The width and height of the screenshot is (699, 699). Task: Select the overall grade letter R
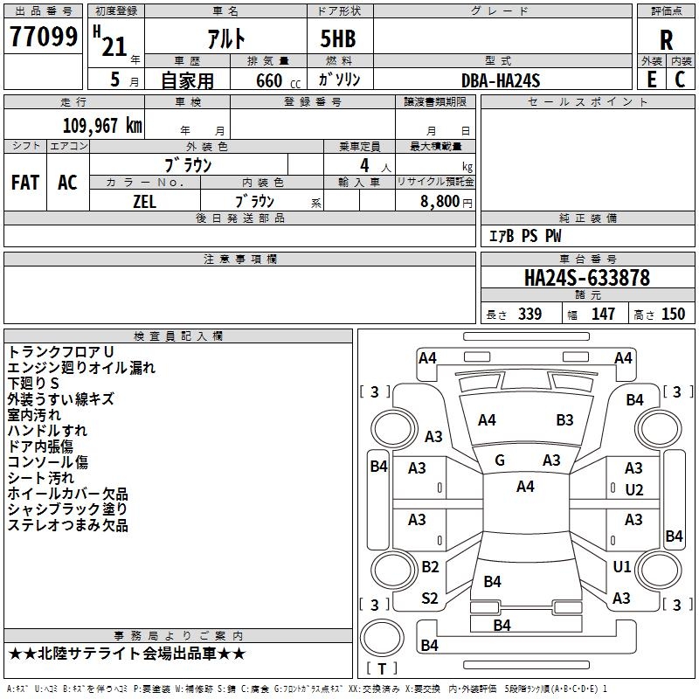click(667, 40)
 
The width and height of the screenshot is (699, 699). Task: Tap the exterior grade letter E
click(650, 79)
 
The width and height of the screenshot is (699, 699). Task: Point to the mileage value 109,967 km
click(102, 126)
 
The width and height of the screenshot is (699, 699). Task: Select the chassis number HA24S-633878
click(586, 278)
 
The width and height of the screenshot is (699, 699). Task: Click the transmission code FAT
click(25, 182)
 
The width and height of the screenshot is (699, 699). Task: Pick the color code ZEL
click(145, 200)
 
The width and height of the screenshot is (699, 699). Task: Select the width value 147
click(603, 314)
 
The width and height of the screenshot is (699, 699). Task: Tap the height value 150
click(673, 314)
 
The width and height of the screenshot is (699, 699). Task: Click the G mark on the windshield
click(500, 460)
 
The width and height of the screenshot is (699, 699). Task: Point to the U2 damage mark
click(633, 489)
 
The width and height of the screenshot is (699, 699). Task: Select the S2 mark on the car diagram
click(430, 599)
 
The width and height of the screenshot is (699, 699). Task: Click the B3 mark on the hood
click(564, 420)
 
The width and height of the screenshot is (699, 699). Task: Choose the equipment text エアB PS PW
click(524, 236)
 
